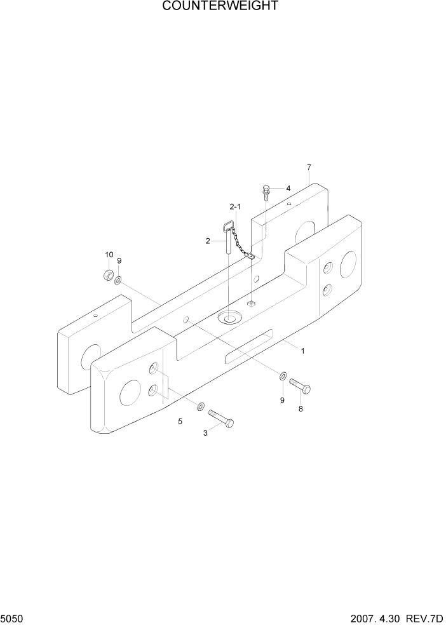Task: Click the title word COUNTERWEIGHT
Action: pyautogui.click(x=220, y=7)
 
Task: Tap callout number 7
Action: pyautogui.click(x=309, y=168)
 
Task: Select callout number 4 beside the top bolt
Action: pyautogui.click(x=288, y=189)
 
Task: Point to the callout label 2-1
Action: pyautogui.click(x=235, y=207)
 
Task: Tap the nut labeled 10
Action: pyautogui.click(x=108, y=275)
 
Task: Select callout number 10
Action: pyautogui.click(x=109, y=255)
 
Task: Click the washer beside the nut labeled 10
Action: pyautogui.click(x=119, y=279)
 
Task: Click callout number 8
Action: pyautogui.click(x=301, y=409)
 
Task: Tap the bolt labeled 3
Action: pyautogui.click(x=220, y=419)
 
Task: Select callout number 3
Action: pyautogui.click(x=205, y=433)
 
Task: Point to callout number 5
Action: pyautogui.click(x=180, y=421)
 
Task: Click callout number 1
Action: pyautogui.click(x=303, y=351)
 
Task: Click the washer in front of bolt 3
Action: pyautogui.click(x=201, y=406)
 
